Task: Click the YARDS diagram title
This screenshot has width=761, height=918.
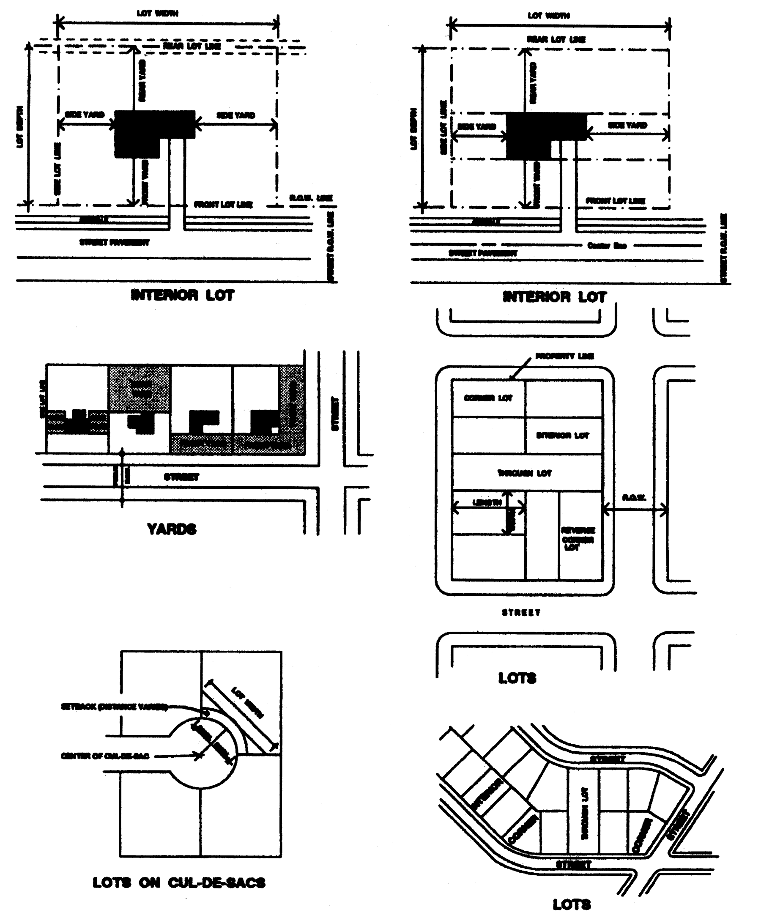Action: [x=171, y=529]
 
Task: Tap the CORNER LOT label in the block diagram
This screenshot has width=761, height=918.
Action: [x=488, y=398]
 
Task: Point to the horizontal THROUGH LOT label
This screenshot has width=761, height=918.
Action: [x=525, y=473]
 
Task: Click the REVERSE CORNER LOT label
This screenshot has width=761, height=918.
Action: [x=578, y=539]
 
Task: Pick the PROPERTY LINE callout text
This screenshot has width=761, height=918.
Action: [x=564, y=356]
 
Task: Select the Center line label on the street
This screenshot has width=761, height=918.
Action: [x=607, y=246]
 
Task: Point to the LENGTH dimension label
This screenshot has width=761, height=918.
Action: [x=487, y=502]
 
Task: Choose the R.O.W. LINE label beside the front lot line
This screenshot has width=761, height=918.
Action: [x=310, y=198]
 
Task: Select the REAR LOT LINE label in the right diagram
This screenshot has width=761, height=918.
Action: [x=556, y=39]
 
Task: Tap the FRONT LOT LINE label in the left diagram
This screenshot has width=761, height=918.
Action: [x=223, y=205]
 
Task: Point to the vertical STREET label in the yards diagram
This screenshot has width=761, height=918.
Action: [x=335, y=414]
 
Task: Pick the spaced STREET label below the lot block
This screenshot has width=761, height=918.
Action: [x=520, y=612]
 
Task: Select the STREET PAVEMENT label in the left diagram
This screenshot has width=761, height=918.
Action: [x=114, y=242]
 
